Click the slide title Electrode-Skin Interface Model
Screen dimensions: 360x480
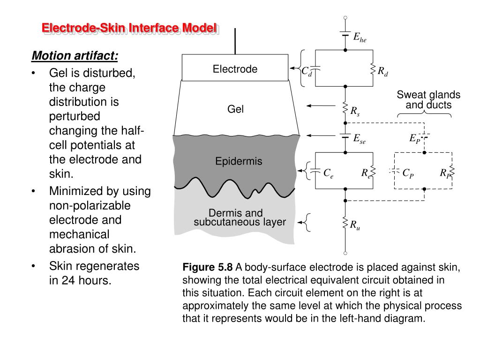[129, 28]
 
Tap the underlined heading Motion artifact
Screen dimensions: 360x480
[75, 56]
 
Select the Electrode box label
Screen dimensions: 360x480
[235, 69]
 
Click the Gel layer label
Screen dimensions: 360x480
[235, 109]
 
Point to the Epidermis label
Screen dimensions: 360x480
[239, 162]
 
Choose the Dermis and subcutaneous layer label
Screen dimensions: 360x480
[240, 217]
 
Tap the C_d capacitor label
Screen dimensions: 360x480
[307, 71]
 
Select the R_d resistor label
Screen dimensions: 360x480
[383, 71]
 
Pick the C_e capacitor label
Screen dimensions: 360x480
[328, 173]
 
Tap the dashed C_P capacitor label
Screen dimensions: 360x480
[408, 173]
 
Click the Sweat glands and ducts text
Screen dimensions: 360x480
[428, 100]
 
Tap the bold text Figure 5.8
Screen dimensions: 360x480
[207, 268]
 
